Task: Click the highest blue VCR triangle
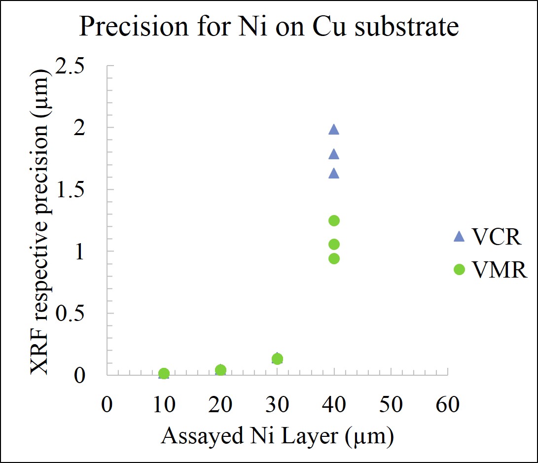pos(334,130)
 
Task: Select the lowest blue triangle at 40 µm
pos(334,174)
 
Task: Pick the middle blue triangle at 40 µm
pos(334,154)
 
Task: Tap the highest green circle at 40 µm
pos(334,220)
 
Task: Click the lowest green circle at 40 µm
pos(334,258)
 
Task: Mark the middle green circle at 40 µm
pos(334,244)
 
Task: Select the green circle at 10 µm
pos(164,373)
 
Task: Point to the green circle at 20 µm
pos(220,370)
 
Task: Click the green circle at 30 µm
pos(277,359)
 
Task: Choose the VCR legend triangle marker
pos(459,237)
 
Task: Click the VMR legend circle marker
pos(459,269)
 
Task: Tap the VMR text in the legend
pos(499,270)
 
